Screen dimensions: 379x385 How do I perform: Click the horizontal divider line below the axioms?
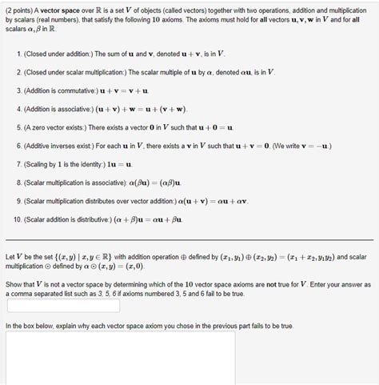(189, 239)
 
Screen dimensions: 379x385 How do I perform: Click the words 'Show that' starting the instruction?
(19, 284)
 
